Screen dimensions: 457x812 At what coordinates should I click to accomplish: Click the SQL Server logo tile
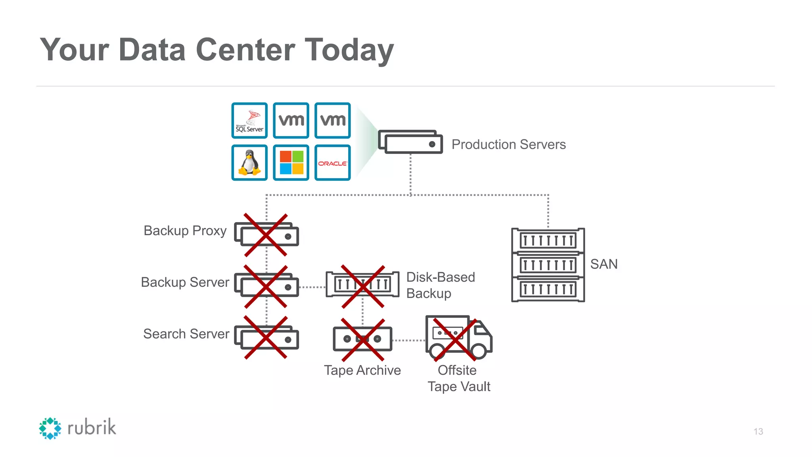point(249,121)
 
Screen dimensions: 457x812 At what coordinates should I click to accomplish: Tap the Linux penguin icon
point(249,163)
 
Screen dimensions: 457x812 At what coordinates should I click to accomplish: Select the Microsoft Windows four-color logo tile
point(291,163)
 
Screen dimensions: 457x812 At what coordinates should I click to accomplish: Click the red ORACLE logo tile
point(333,163)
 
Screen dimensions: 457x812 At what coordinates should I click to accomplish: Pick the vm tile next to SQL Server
point(291,121)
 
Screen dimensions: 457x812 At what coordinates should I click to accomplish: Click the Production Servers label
point(508,144)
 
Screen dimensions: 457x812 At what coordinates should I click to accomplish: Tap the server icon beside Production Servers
point(411,142)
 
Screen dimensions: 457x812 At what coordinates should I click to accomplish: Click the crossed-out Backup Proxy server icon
point(266,235)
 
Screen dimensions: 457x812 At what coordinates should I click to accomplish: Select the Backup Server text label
point(185,282)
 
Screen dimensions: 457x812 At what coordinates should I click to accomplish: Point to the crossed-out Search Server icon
point(266,338)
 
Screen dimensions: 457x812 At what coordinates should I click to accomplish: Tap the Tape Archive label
point(362,370)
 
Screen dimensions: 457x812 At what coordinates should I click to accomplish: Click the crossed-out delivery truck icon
point(458,338)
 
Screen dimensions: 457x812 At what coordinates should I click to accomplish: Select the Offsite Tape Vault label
point(459,378)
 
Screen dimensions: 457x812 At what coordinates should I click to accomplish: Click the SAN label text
point(603,264)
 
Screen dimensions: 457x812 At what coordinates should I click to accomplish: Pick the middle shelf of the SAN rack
point(548,265)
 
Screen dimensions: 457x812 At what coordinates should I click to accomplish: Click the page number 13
point(758,432)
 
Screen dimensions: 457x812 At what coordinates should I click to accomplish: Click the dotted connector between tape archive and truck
point(408,340)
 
